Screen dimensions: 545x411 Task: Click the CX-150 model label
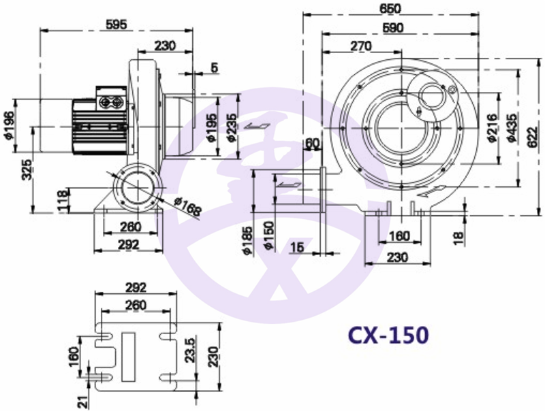point(388,335)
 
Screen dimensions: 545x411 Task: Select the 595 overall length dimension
point(116,24)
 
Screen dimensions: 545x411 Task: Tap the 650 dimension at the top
point(390,8)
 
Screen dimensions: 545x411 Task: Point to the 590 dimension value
point(393,28)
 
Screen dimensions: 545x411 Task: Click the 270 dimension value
point(361,46)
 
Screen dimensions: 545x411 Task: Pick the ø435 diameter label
point(512,127)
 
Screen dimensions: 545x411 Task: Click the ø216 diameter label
point(493,127)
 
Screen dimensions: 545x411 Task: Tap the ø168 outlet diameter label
point(188,207)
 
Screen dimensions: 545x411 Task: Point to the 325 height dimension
point(27,169)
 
